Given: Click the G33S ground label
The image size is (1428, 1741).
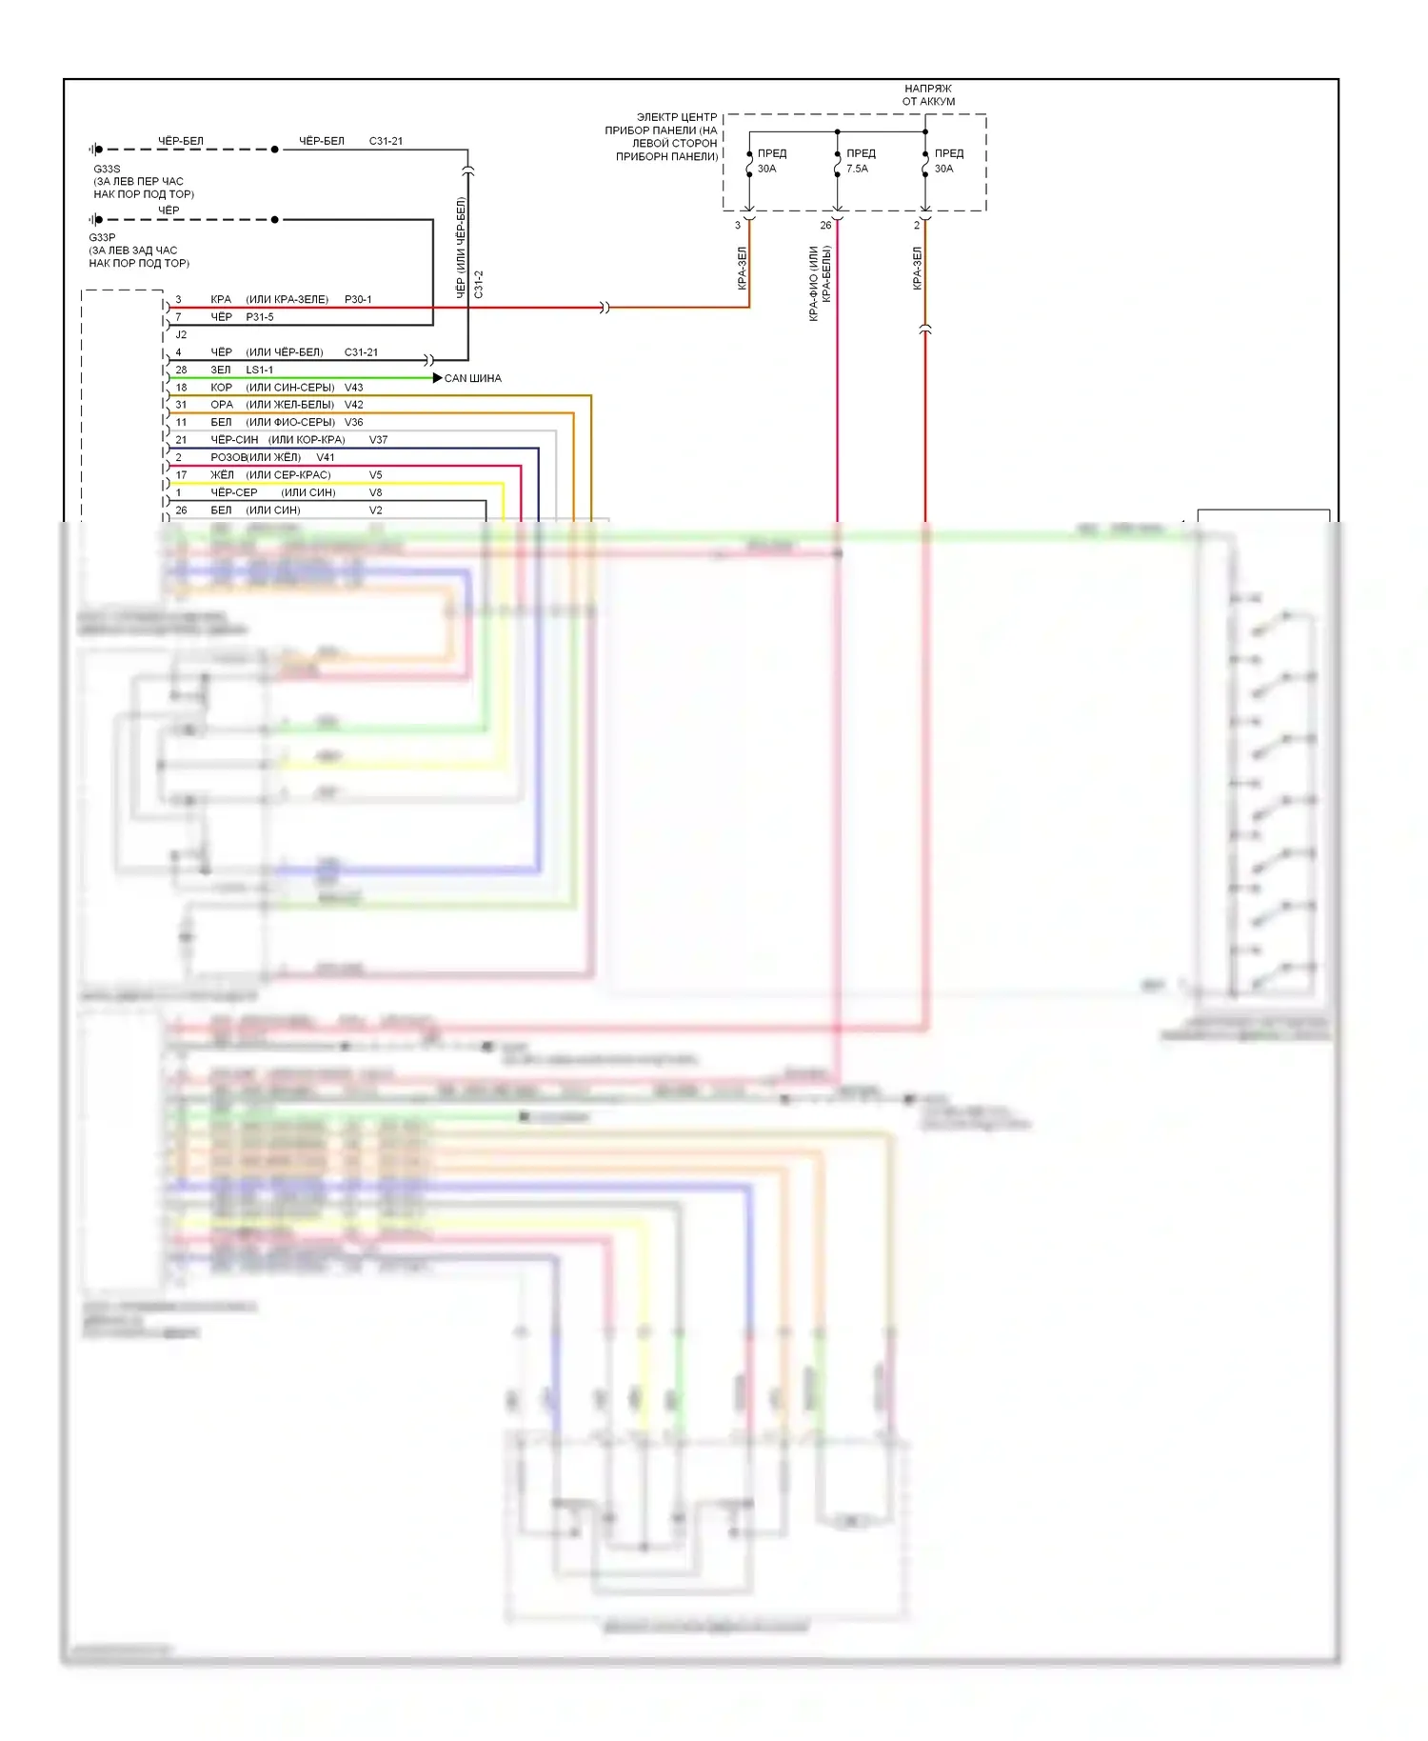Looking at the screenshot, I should click(107, 169).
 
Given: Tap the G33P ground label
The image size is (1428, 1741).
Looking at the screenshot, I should click(102, 237).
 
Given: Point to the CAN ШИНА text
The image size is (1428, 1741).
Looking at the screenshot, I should click(472, 378).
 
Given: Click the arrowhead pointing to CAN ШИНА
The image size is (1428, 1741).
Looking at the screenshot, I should click(437, 378).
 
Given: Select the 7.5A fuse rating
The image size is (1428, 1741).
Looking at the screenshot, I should click(857, 169).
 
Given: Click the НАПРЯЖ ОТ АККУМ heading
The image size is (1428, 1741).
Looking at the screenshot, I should click(928, 94).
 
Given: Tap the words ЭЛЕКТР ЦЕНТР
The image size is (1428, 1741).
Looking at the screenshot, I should click(676, 117).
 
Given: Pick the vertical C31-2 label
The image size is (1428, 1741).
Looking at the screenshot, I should click(479, 284).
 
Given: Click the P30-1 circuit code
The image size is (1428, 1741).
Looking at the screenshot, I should click(358, 299).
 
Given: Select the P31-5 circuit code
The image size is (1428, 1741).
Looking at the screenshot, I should click(260, 316).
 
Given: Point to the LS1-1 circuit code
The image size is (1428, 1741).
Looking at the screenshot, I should click(259, 370).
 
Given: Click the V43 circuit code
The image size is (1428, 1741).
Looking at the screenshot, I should click(353, 387).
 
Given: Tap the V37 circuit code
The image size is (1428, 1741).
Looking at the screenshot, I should click(378, 439).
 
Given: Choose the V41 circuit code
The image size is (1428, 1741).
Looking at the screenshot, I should click(326, 457).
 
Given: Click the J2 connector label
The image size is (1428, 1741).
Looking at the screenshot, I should click(181, 334).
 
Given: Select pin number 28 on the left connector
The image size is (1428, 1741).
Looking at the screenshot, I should click(181, 370).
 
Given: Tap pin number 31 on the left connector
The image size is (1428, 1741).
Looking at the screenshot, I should click(181, 404).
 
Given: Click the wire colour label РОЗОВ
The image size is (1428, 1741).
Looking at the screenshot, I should click(228, 457).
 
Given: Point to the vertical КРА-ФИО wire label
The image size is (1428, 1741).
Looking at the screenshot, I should click(814, 283).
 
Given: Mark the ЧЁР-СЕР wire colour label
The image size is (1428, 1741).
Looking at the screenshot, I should click(233, 492).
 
